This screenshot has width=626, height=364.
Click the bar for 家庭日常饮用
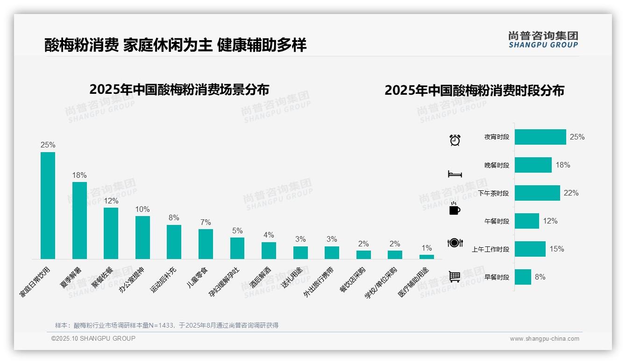tap(48, 205)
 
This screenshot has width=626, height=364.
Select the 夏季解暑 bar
tap(79, 220)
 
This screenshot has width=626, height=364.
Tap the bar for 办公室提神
tap(142, 237)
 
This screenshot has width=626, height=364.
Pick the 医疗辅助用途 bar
tap(427, 257)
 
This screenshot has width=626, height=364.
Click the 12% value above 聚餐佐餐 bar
tap(111, 201)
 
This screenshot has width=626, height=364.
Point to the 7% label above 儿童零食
tap(206, 223)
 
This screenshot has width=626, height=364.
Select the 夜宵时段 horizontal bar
tap(540, 137)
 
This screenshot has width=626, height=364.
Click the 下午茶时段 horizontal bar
tap(537, 193)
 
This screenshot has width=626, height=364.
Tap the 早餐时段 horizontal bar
tap(523, 277)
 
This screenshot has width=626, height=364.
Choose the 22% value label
tap(571, 193)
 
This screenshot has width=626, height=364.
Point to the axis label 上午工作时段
tap(491, 249)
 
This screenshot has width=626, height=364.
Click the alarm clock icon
tap(455, 140)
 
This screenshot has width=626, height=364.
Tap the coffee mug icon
tap(455, 209)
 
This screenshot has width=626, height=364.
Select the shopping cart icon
tap(455, 277)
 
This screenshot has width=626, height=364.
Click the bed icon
tap(455, 174)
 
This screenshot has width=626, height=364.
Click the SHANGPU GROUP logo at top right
tap(543, 40)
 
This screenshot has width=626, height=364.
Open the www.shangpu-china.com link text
tap(544, 339)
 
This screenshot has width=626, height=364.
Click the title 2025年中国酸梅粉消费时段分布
tap(474, 91)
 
